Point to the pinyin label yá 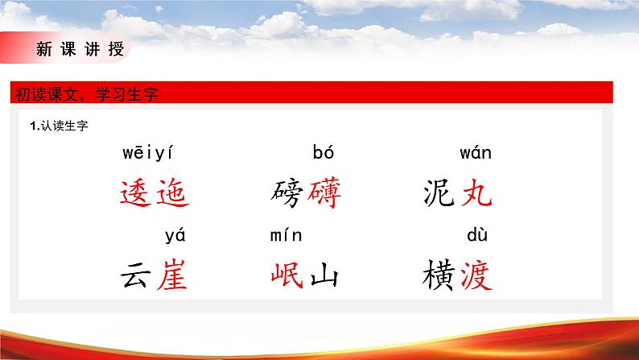[175, 236]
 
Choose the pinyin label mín [285, 236]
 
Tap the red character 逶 [134, 193]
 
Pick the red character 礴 [324, 193]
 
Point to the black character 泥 [439, 193]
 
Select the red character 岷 [287, 276]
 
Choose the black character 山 [324, 276]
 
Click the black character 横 [439, 276]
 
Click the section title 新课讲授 [80, 49]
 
